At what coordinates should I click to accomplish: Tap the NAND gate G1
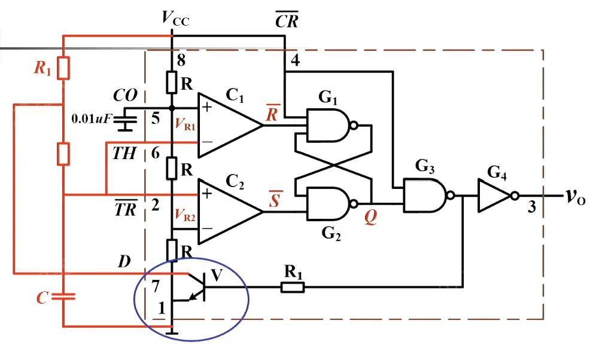(329, 126)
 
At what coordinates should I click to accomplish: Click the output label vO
(576, 197)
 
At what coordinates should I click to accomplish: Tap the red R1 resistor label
(42, 69)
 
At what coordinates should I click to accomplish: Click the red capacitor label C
(41, 298)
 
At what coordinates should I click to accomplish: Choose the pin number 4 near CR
(295, 60)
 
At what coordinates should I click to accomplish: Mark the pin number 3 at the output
(531, 208)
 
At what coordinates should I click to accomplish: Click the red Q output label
(372, 219)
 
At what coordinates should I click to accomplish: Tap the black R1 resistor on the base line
(293, 288)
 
